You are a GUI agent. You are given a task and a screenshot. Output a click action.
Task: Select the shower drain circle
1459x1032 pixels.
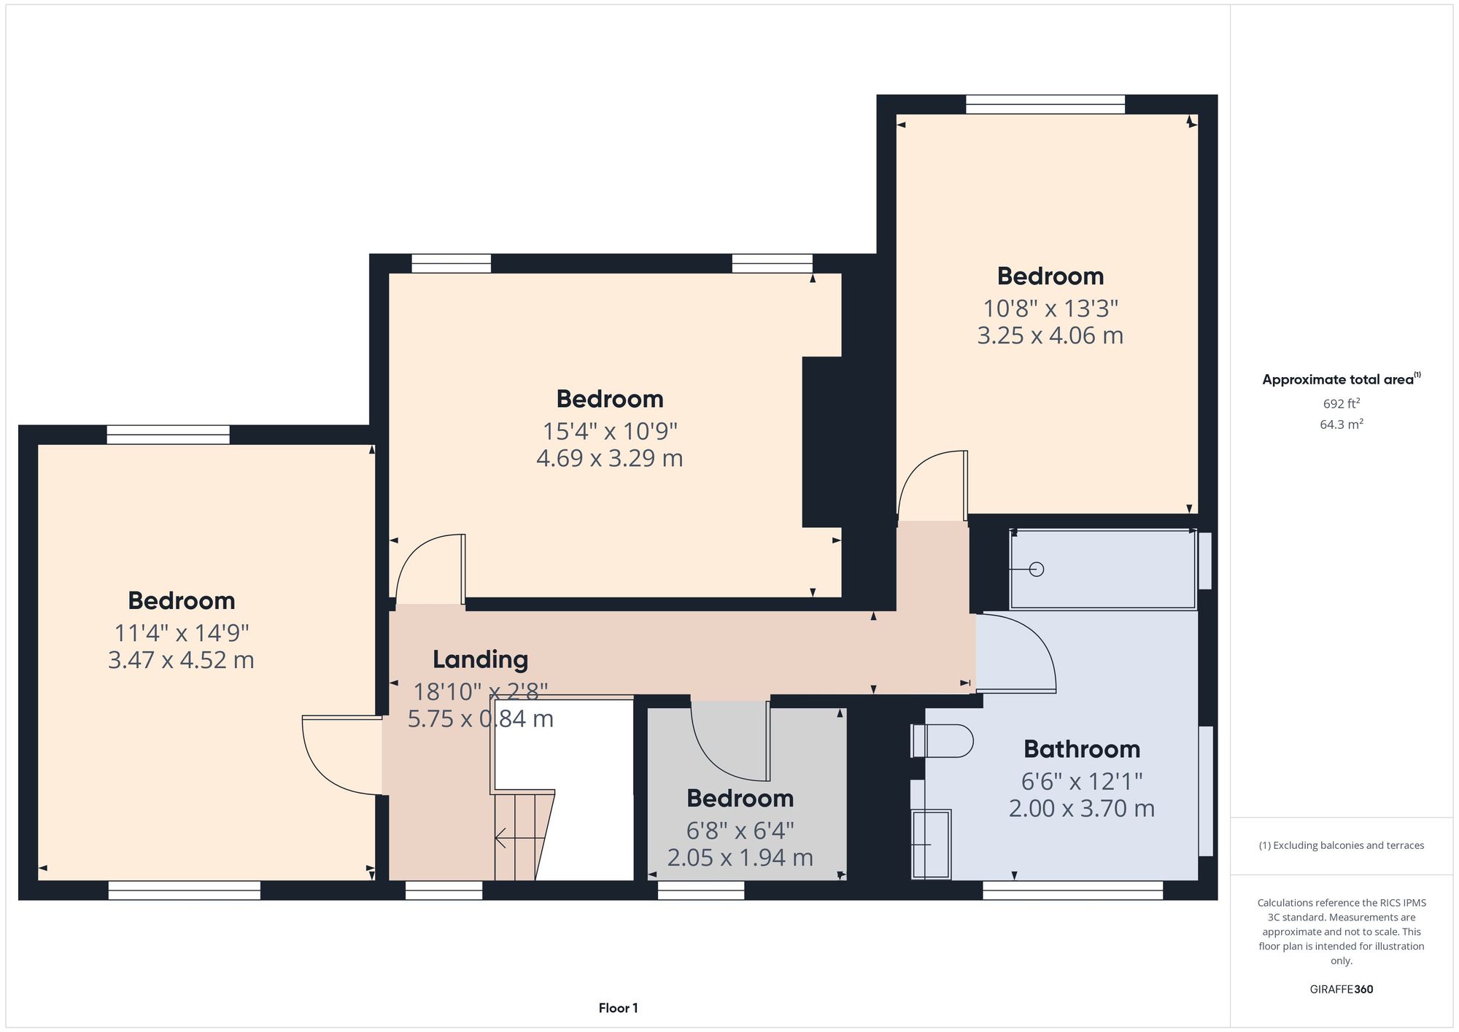pos(1037,569)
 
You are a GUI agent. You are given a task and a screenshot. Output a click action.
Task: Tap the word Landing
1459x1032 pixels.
pos(480,659)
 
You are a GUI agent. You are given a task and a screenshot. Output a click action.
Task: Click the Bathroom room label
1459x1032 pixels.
pos(1081,749)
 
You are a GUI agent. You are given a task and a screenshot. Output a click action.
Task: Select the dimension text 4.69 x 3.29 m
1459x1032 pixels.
pos(609,459)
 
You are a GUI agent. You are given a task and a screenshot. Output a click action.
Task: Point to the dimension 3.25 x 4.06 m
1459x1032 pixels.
pos(1050,336)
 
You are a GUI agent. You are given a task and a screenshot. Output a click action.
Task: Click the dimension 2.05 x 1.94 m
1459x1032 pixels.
pos(740,858)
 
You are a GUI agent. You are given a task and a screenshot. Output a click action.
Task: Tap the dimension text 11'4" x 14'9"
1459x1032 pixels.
pos(181,632)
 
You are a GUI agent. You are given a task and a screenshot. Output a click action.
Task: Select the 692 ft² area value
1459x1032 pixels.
pos(1341,403)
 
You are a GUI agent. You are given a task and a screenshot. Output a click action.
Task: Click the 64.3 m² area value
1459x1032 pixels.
pos(1341,424)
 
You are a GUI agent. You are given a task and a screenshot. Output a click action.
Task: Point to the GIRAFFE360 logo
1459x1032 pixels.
pos(1341,990)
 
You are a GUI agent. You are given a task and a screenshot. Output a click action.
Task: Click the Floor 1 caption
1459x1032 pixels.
pos(618,1008)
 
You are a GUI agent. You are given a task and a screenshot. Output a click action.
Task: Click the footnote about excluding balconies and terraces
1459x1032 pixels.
pos(1341,845)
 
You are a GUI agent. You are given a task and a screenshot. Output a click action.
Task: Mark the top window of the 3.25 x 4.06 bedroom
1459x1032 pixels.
pos(1045,104)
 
